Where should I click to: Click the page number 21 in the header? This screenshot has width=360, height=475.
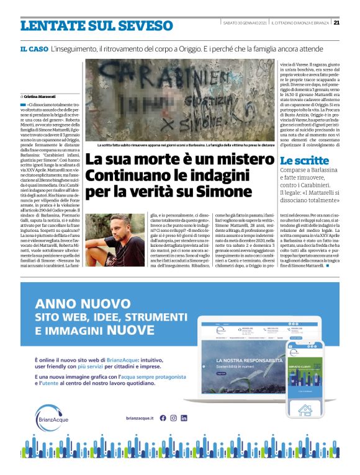coord(336,24)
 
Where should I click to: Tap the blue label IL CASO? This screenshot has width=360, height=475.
coord(34,48)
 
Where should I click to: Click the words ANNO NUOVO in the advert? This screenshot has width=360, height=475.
coord(74,304)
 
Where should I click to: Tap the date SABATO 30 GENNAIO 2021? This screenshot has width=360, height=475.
coord(245,24)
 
